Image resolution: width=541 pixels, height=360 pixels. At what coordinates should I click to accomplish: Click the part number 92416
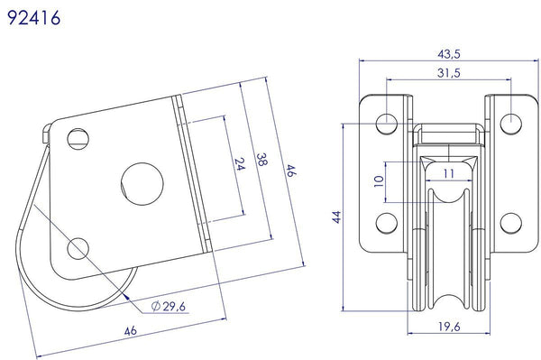34,18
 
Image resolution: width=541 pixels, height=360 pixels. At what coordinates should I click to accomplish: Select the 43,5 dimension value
449,54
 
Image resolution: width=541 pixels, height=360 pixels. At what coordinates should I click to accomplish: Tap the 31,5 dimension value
448,73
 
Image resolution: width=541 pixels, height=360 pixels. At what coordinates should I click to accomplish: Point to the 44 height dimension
336,217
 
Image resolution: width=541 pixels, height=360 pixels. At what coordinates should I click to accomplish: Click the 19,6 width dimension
449,327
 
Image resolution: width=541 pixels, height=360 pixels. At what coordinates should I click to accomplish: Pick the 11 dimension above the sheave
449,173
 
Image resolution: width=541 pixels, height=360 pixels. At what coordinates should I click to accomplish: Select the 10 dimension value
379,181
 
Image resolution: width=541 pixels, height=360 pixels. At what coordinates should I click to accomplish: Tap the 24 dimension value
240,164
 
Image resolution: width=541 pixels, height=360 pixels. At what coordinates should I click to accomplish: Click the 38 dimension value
261,160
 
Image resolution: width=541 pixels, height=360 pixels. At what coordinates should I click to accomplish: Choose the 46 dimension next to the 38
291,171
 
